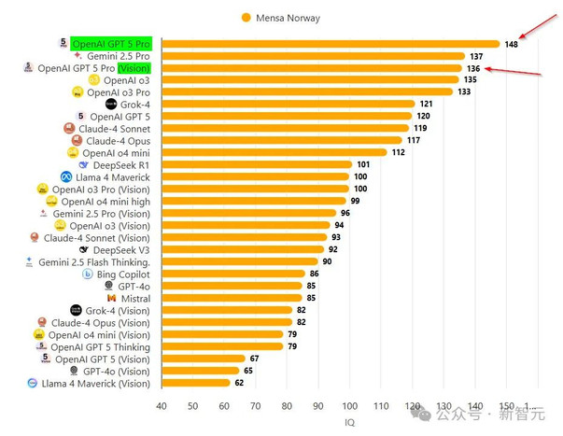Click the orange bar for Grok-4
click(289, 105)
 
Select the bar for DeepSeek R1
click(257, 165)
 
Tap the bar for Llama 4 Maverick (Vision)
click(196, 383)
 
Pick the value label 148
click(511, 44)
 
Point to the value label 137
click(476, 56)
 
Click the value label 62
click(239, 383)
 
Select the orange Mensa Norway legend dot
click(246, 18)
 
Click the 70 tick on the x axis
click(255, 406)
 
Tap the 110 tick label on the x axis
click(381, 406)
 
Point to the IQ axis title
click(349, 422)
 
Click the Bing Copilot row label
click(123, 274)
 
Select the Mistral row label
click(135, 299)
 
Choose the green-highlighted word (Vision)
click(134, 68)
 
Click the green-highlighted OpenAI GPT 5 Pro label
click(111, 44)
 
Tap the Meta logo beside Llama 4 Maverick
click(66, 176)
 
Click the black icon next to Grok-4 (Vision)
click(77, 310)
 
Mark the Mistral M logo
click(112, 298)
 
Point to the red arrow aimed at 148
click(538, 26)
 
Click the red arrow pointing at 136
click(513, 71)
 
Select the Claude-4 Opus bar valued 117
click(282, 140)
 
